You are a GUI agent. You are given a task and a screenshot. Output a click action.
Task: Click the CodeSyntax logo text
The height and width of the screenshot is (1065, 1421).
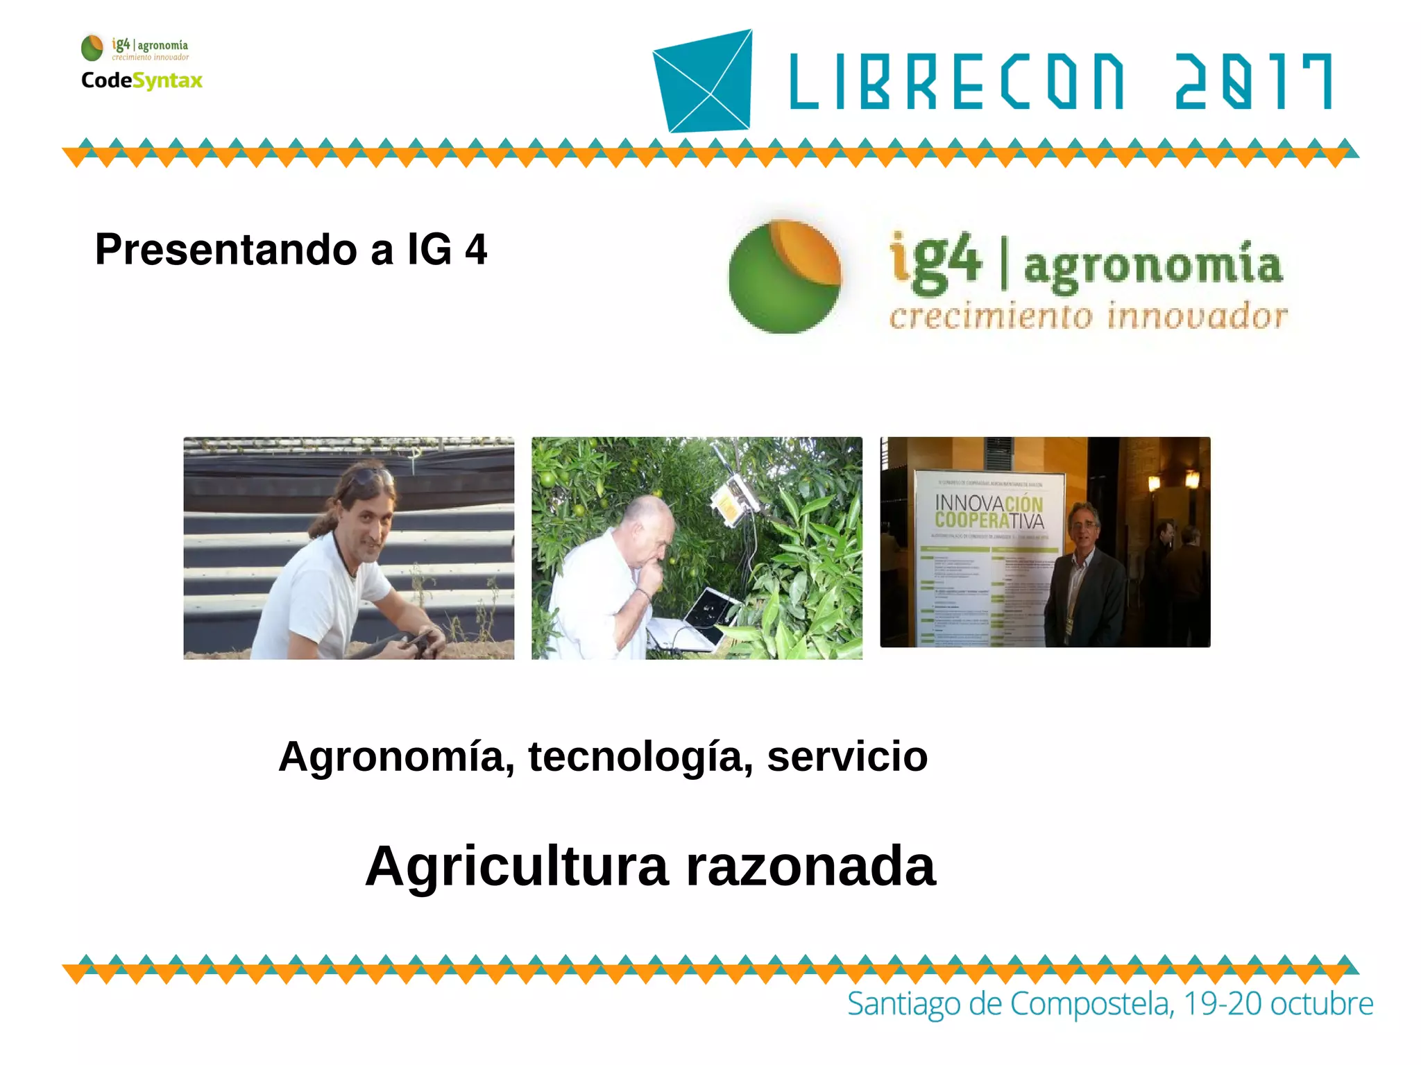click(142, 80)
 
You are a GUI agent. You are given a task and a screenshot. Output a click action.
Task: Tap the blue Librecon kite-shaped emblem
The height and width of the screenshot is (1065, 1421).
click(704, 80)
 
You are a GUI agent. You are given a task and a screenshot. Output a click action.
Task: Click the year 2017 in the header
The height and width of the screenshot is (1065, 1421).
click(1253, 82)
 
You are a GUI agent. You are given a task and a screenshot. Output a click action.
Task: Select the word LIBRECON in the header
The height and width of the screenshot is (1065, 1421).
click(956, 82)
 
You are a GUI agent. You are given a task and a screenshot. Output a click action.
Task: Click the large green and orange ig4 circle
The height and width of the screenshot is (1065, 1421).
click(785, 277)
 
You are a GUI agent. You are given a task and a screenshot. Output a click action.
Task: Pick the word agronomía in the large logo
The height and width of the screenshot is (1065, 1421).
click(1152, 266)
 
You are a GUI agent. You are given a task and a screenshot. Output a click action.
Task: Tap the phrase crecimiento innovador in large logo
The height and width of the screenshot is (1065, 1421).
click(1088, 316)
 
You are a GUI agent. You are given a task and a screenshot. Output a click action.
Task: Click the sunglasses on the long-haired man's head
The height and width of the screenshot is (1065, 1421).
click(371, 475)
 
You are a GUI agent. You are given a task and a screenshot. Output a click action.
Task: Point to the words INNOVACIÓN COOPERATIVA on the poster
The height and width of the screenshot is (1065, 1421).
click(989, 511)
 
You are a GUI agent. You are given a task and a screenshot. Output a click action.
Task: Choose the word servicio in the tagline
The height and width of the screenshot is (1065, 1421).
click(847, 756)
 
